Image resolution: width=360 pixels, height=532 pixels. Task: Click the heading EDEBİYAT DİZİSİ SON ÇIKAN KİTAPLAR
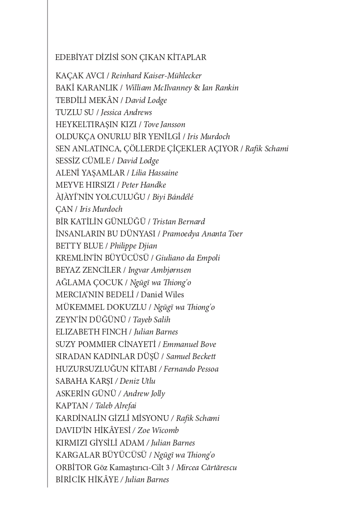[130, 57]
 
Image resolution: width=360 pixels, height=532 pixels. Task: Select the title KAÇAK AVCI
[80, 76]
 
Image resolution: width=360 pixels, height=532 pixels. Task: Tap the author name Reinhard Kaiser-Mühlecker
[156, 76]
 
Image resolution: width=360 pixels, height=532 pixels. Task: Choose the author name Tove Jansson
[164, 124]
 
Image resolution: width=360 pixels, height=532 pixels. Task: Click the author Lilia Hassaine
[154, 173]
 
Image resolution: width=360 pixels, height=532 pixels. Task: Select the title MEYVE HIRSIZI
[85, 185]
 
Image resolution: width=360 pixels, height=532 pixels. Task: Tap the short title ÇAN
[64, 209]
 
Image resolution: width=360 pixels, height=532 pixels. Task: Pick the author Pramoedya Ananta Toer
[202, 234]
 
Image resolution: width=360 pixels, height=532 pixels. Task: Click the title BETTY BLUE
[80, 246]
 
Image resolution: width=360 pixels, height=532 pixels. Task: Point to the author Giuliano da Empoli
[188, 258]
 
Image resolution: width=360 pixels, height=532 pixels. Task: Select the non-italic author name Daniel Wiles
[163, 295]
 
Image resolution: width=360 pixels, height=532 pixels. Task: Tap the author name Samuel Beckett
[191, 356]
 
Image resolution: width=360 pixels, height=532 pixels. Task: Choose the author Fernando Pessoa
[191, 369]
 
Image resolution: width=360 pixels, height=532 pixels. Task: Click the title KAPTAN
[72, 406]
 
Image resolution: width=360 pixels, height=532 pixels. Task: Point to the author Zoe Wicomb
[158, 430]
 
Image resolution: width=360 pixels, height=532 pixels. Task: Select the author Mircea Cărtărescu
[206, 468]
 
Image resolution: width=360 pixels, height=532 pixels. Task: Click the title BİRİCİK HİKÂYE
[87, 480]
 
